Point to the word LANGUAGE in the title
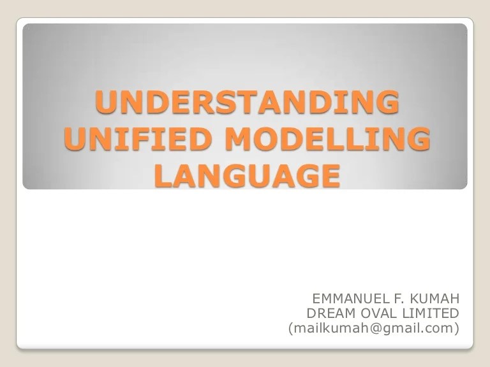pyautogui.click(x=246, y=175)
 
